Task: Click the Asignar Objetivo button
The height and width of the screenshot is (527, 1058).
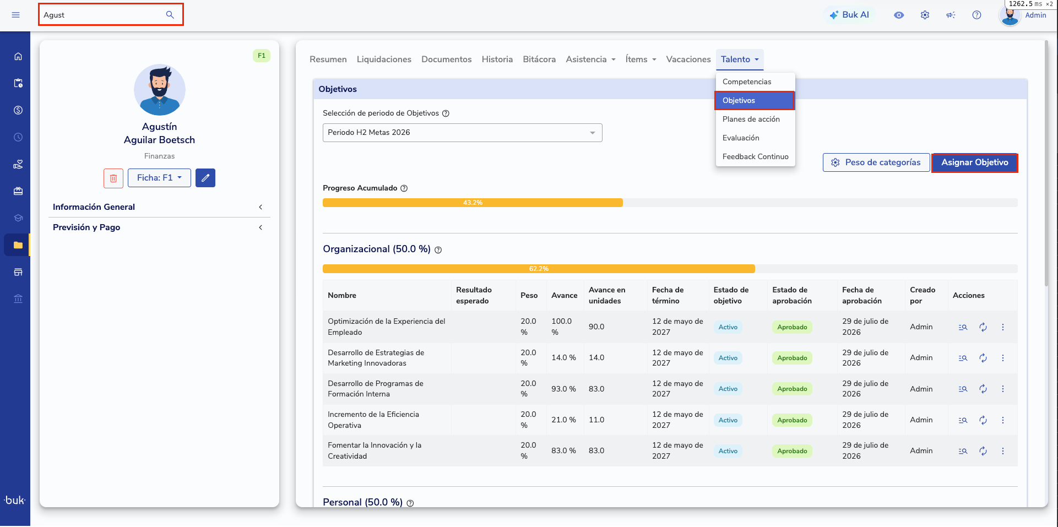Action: (974, 162)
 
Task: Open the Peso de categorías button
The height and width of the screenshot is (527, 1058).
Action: (876, 162)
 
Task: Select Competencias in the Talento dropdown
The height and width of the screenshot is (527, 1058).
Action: (747, 82)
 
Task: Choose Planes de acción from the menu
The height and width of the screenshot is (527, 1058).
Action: (751, 119)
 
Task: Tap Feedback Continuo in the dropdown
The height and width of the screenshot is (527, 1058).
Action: (755, 156)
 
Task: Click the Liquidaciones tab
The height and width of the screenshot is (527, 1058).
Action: (384, 59)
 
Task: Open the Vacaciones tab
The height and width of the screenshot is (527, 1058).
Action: (688, 59)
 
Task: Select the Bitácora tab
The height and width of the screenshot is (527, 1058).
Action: (539, 59)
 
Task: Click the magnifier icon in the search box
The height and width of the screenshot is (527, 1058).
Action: (170, 15)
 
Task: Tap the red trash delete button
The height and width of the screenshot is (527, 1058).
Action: (113, 178)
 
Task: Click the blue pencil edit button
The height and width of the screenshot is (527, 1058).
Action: (205, 178)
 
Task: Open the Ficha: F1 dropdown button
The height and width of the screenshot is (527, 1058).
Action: (159, 178)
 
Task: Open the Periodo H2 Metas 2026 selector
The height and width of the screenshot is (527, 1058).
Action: (462, 133)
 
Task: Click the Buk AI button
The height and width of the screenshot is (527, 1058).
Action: (849, 15)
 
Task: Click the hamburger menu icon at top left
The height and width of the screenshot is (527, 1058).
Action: (15, 15)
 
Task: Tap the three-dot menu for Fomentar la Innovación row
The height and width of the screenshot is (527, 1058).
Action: (1003, 451)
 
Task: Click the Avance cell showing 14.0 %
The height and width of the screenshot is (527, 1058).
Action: (563, 358)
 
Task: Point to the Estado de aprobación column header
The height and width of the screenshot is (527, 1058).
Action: (792, 296)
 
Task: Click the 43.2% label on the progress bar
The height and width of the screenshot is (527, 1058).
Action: (473, 203)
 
